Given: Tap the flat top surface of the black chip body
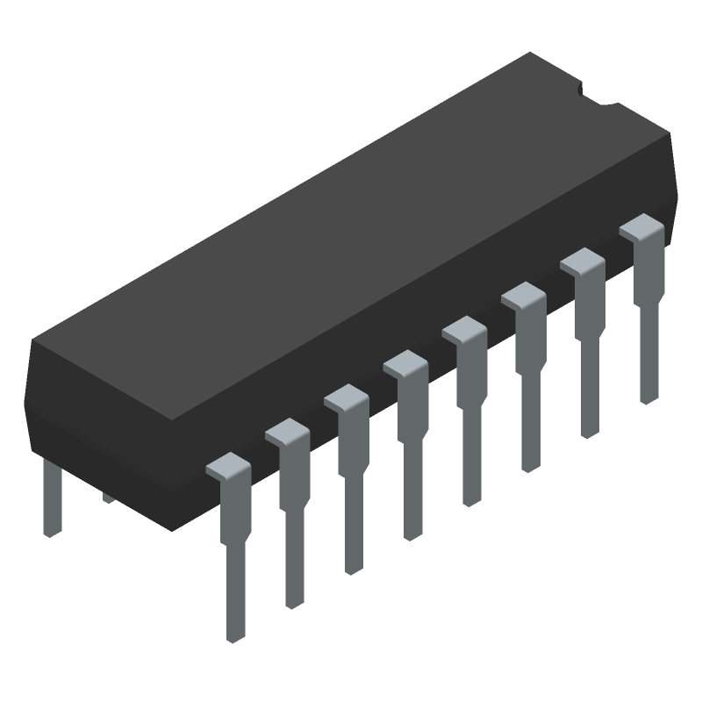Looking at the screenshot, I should click(x=351, y=246).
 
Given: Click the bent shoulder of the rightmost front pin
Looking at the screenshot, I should click(x=642, y=230).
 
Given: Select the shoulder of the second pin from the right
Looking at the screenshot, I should click(x=584, y=261).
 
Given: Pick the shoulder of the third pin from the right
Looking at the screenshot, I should click(x=525, y=297).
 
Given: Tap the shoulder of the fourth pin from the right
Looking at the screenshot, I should click(x=465, y=332).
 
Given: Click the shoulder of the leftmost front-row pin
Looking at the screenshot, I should click(x=229, y=468).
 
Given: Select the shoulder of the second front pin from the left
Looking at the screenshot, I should click(x=288, y=433).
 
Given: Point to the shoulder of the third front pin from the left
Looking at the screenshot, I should click(x=347, y=400).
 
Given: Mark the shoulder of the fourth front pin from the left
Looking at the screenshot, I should click(x=405, y=365).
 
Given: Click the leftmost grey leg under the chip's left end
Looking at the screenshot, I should click(x=53, y=553).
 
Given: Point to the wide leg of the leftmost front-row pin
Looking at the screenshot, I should click(x=235, y=570).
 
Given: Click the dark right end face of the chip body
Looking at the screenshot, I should click(x=671, y=184).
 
